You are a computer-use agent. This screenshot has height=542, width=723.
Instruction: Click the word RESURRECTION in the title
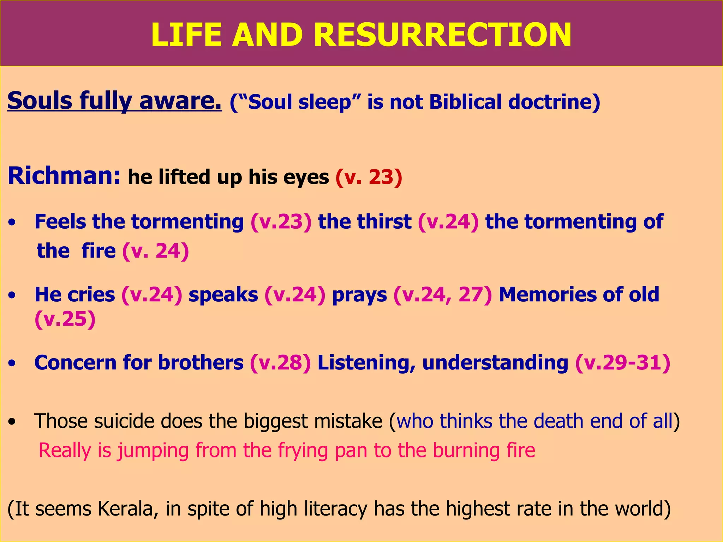click(x=442, y=35)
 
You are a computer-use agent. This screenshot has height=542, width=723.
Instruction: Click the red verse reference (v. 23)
click(x=369, y=177)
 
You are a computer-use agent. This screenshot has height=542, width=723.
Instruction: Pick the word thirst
click(x=384, y=222)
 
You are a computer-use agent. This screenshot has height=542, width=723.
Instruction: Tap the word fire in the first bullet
click(x=98, y=251)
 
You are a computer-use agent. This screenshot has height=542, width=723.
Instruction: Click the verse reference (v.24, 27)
click(x=442, y=295)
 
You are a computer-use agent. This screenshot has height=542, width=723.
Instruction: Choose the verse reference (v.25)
click(x=65, y=319)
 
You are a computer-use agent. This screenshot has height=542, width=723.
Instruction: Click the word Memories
click(x=547, y=295)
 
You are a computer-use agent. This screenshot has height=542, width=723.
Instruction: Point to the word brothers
click(x=201, y=363)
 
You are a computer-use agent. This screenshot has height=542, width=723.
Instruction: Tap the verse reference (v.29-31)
click(x=623, y=363)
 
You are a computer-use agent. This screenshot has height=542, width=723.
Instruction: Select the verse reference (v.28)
click(x=280, y=363)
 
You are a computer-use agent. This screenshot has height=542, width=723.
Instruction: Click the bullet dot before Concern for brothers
click(x=12, y=363)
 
